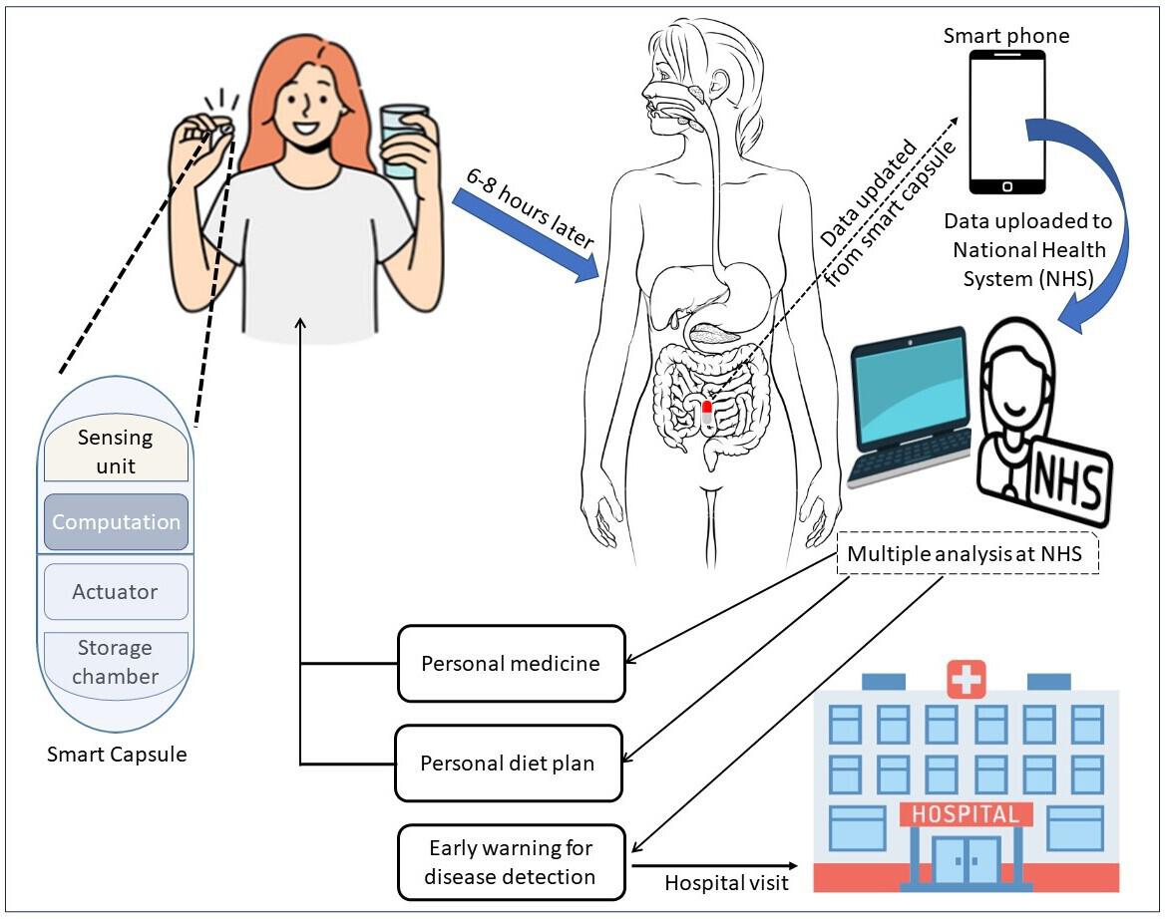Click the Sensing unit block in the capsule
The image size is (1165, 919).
pos(116,451)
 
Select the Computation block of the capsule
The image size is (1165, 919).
pos(116,522)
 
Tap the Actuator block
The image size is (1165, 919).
pos(116,591)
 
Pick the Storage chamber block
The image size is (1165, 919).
pos(116,662)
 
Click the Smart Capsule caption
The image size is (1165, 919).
pos(117,754)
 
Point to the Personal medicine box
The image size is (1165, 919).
pos(511,663)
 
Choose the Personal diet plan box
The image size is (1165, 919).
pos(509,764)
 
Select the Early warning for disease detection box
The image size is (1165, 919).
pos(511,862)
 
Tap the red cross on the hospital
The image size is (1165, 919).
pos(965,681)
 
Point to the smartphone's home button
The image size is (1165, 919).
pos(1007,186)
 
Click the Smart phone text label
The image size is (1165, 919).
pos(1007,37)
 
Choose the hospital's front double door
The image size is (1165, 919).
pos(965,860)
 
